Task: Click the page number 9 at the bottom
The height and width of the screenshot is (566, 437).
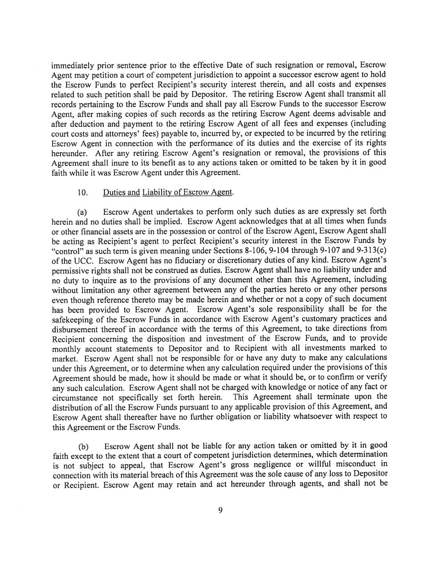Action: (x=220, y=510)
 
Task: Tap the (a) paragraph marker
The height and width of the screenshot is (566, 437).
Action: (x=82, y=213)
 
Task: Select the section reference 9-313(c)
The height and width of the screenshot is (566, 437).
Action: (x=372, y=250)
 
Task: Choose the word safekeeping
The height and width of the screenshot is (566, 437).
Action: (x=69, y=320)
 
